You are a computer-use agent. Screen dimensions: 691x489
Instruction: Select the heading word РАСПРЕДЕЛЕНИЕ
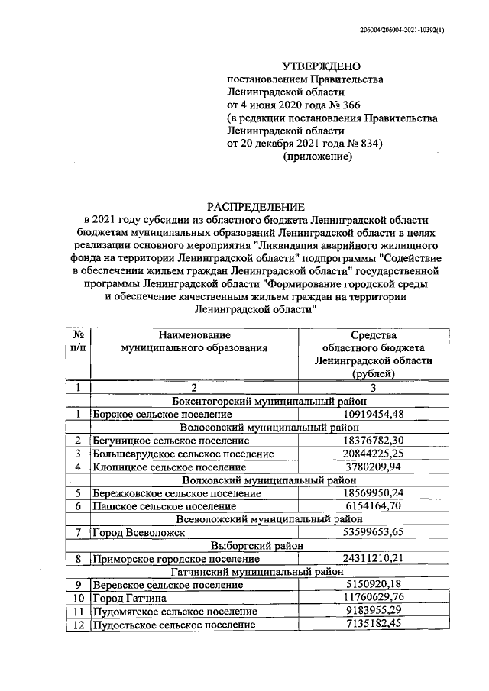coord(257,207)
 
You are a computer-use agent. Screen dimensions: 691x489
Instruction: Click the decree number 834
coord(367,144)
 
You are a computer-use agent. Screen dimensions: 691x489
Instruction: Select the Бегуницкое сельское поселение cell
coord(170,441)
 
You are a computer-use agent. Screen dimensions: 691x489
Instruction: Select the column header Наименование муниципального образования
coord(194,341)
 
